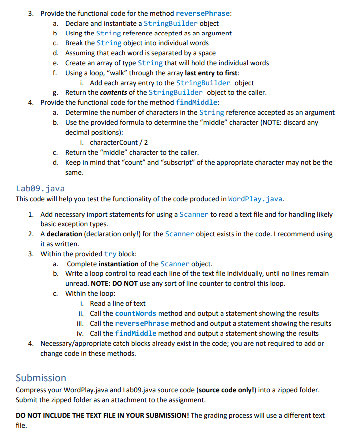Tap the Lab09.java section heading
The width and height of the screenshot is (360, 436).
pyautogui.click(x=40, y=188)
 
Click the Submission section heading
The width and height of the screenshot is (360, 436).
pyautogui.click(x=41, y=378)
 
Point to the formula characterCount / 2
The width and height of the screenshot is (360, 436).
pyautogui.click(x=119, y=143)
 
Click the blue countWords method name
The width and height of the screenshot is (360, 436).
pyautogui.click(x=136, y=313)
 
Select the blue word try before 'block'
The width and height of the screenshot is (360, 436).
pyautogui.click(x=110, y=254)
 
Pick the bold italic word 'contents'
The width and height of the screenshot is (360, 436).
pyautogui.click(x=114, y=92)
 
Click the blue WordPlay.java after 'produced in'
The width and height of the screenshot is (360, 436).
pyautogui.click(x=255, y=199)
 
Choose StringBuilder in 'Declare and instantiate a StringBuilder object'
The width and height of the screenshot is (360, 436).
pyautogui.click(x=170, y=23)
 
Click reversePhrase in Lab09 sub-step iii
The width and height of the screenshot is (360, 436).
pyautogui.click(x=142, y=323)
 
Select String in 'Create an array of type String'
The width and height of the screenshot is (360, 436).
pyautogui.click(x=150, y=63)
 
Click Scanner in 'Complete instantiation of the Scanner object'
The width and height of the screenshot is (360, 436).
pyautogui.click(x=175, y=264)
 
